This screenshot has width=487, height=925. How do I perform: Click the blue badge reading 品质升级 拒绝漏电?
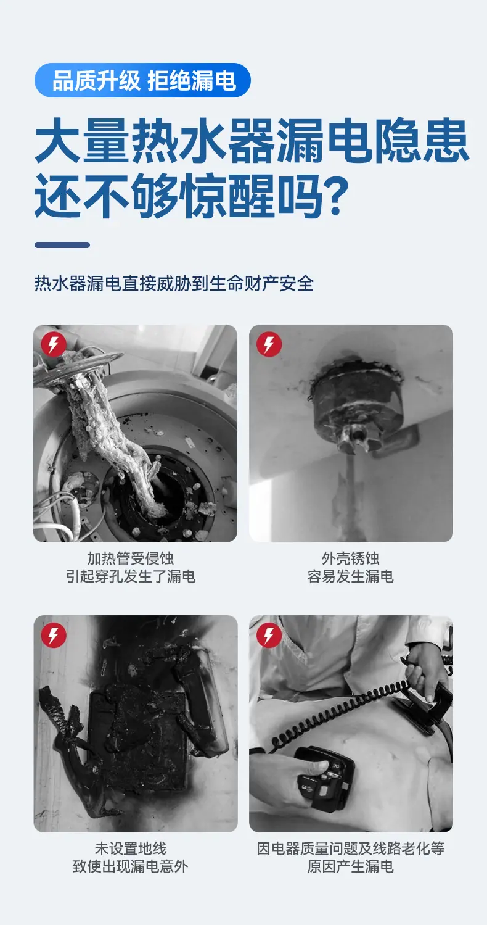coord(142,80)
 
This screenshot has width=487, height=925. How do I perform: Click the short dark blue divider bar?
coord(62,245)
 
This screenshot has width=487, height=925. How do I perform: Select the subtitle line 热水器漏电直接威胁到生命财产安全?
coord(174,284)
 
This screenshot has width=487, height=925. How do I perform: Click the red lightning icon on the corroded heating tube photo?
coord(54,344)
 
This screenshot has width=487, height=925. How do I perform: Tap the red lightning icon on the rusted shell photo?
coord(269,344)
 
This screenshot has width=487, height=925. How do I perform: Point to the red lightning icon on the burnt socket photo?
coord(54,635)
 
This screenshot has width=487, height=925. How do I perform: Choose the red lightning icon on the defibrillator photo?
coord(269,635)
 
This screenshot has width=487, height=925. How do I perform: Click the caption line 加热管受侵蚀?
coord(130,558)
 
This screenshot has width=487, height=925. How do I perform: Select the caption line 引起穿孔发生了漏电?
coord(130,576)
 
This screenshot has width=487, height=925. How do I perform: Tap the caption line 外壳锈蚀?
coord(351,558)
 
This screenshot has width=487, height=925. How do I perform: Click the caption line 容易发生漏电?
coord(351,576)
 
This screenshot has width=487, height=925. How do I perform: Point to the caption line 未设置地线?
coord(130,848)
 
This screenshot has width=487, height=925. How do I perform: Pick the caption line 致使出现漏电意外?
coord(130,867)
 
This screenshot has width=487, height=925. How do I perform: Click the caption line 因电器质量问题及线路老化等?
coord(351,848)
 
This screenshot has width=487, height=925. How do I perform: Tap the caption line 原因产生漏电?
coord(351,867)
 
